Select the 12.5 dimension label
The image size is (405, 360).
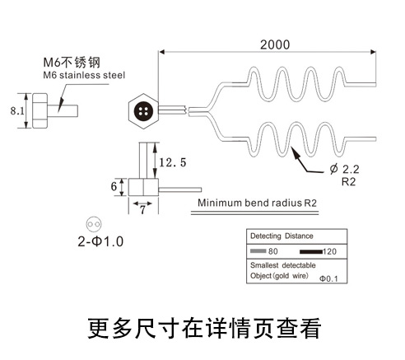pyautogui.click(x=174, y=161)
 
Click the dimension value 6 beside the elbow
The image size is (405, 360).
pyautogui.click(x=114, y=186)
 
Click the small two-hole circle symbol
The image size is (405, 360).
pyautogui.click(x=92, y=223)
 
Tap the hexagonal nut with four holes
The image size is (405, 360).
pyautogui.click(x=145, y=109)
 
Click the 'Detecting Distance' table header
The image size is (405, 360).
pyautogui.click(x=283, y=235)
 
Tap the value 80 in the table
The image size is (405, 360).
pyautogui.click(x=274, y=250)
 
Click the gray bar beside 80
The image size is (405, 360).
pyautogui.click(x=258, y=250)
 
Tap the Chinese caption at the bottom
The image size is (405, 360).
pyautogui.click(x=202, y=328)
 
